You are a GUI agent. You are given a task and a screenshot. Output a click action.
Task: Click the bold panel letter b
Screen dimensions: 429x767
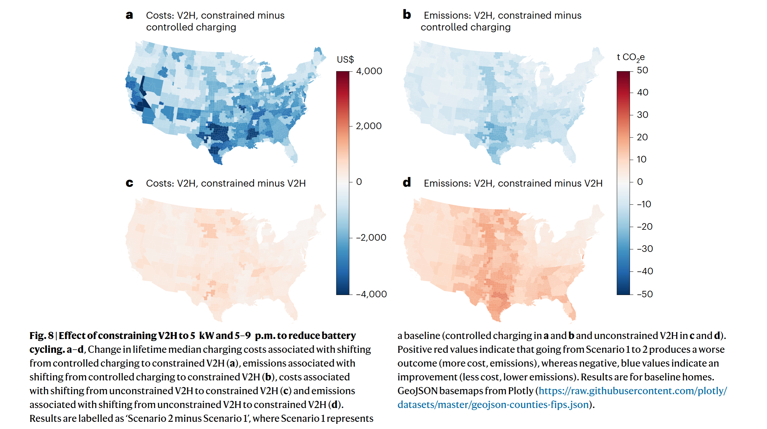click(x=407, y=15)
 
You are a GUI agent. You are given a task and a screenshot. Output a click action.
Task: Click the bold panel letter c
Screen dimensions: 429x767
click(x=129, y=183)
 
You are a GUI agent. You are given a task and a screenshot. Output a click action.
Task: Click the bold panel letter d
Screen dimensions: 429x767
click(x=407, y=183)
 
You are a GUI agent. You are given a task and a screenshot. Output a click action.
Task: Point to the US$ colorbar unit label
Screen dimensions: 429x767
click(x=345, y=60)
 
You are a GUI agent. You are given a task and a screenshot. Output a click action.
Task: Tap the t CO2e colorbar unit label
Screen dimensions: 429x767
click(x=631, y=57)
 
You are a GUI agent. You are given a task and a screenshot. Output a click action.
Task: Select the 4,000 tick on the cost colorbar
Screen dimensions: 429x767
click(x=369, y=71)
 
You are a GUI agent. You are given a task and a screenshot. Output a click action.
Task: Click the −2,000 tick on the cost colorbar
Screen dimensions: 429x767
click(x=371, y=238)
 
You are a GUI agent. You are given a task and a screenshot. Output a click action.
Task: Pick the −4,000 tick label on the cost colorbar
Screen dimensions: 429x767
click(x=371, y=294)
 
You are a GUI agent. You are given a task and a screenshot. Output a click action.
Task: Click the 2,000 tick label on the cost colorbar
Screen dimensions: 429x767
click(x=369, y=126)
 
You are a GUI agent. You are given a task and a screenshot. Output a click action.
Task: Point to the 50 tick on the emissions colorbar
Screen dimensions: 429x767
click(x=642, y=70)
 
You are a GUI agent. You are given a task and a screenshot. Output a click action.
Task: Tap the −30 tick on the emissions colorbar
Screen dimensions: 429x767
click(x=645, y=249)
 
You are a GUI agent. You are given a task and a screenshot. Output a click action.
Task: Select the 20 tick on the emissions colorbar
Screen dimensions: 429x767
click(x=642, y=137)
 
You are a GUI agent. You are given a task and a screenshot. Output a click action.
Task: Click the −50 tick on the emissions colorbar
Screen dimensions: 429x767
click(x=645, y=294)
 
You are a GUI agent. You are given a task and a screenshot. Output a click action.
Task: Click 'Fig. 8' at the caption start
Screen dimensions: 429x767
click(x=41, y=336)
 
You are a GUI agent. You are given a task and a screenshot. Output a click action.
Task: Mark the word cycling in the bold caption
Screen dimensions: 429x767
click(x=46, y=350)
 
